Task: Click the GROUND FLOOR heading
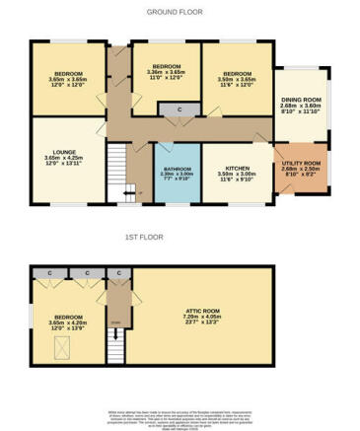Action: tap(179, 12)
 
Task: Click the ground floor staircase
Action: tap(120, 168)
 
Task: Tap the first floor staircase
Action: tap(118, 340)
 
